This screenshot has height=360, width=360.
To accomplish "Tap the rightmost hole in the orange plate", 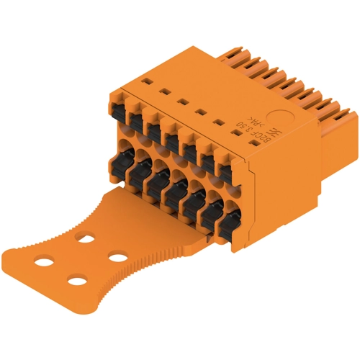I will coord(116,255).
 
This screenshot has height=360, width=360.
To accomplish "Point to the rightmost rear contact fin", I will coord(344,114).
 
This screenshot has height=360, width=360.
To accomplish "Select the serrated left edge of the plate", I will coord(65,216).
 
